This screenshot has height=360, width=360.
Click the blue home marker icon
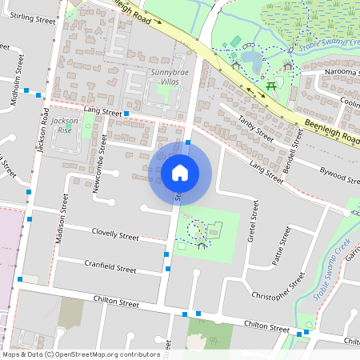pyautogui.click(x=180, y=172)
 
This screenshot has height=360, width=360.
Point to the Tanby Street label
pyautogui.click(x=256, y=129)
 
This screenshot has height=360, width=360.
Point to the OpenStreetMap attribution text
pyautogui.click(x=80, y=354)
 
